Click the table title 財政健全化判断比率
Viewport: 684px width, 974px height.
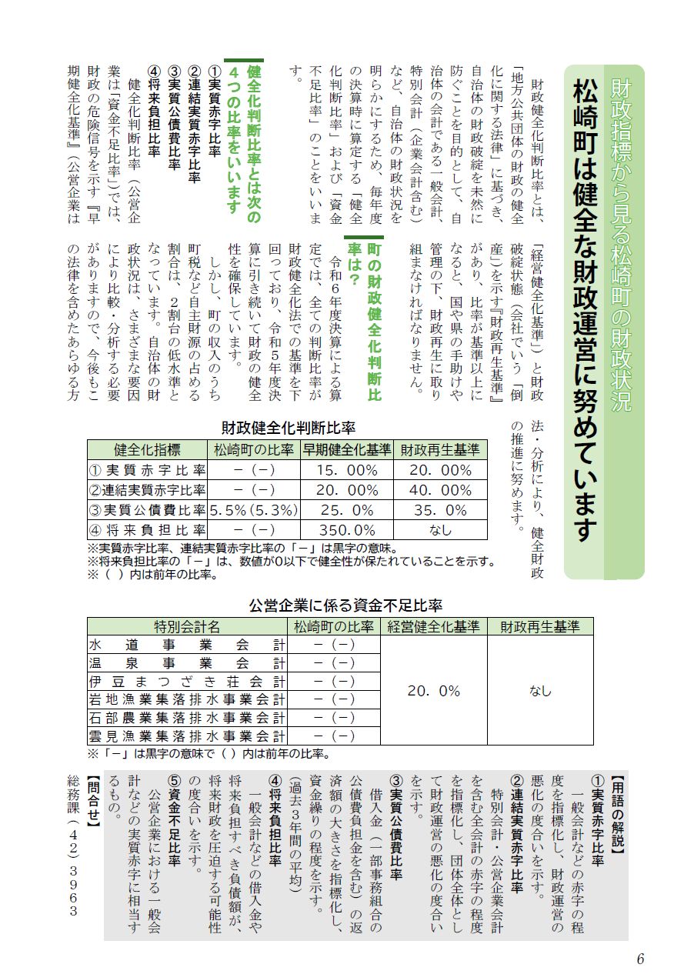point(288,428)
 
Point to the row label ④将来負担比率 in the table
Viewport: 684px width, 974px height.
point(147,530)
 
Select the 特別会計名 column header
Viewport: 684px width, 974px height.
point(187,626)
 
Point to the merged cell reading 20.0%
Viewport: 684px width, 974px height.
point(433,691)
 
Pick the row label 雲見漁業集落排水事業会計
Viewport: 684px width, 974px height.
point(187,737)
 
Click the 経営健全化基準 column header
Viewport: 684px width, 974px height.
point(433,626)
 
